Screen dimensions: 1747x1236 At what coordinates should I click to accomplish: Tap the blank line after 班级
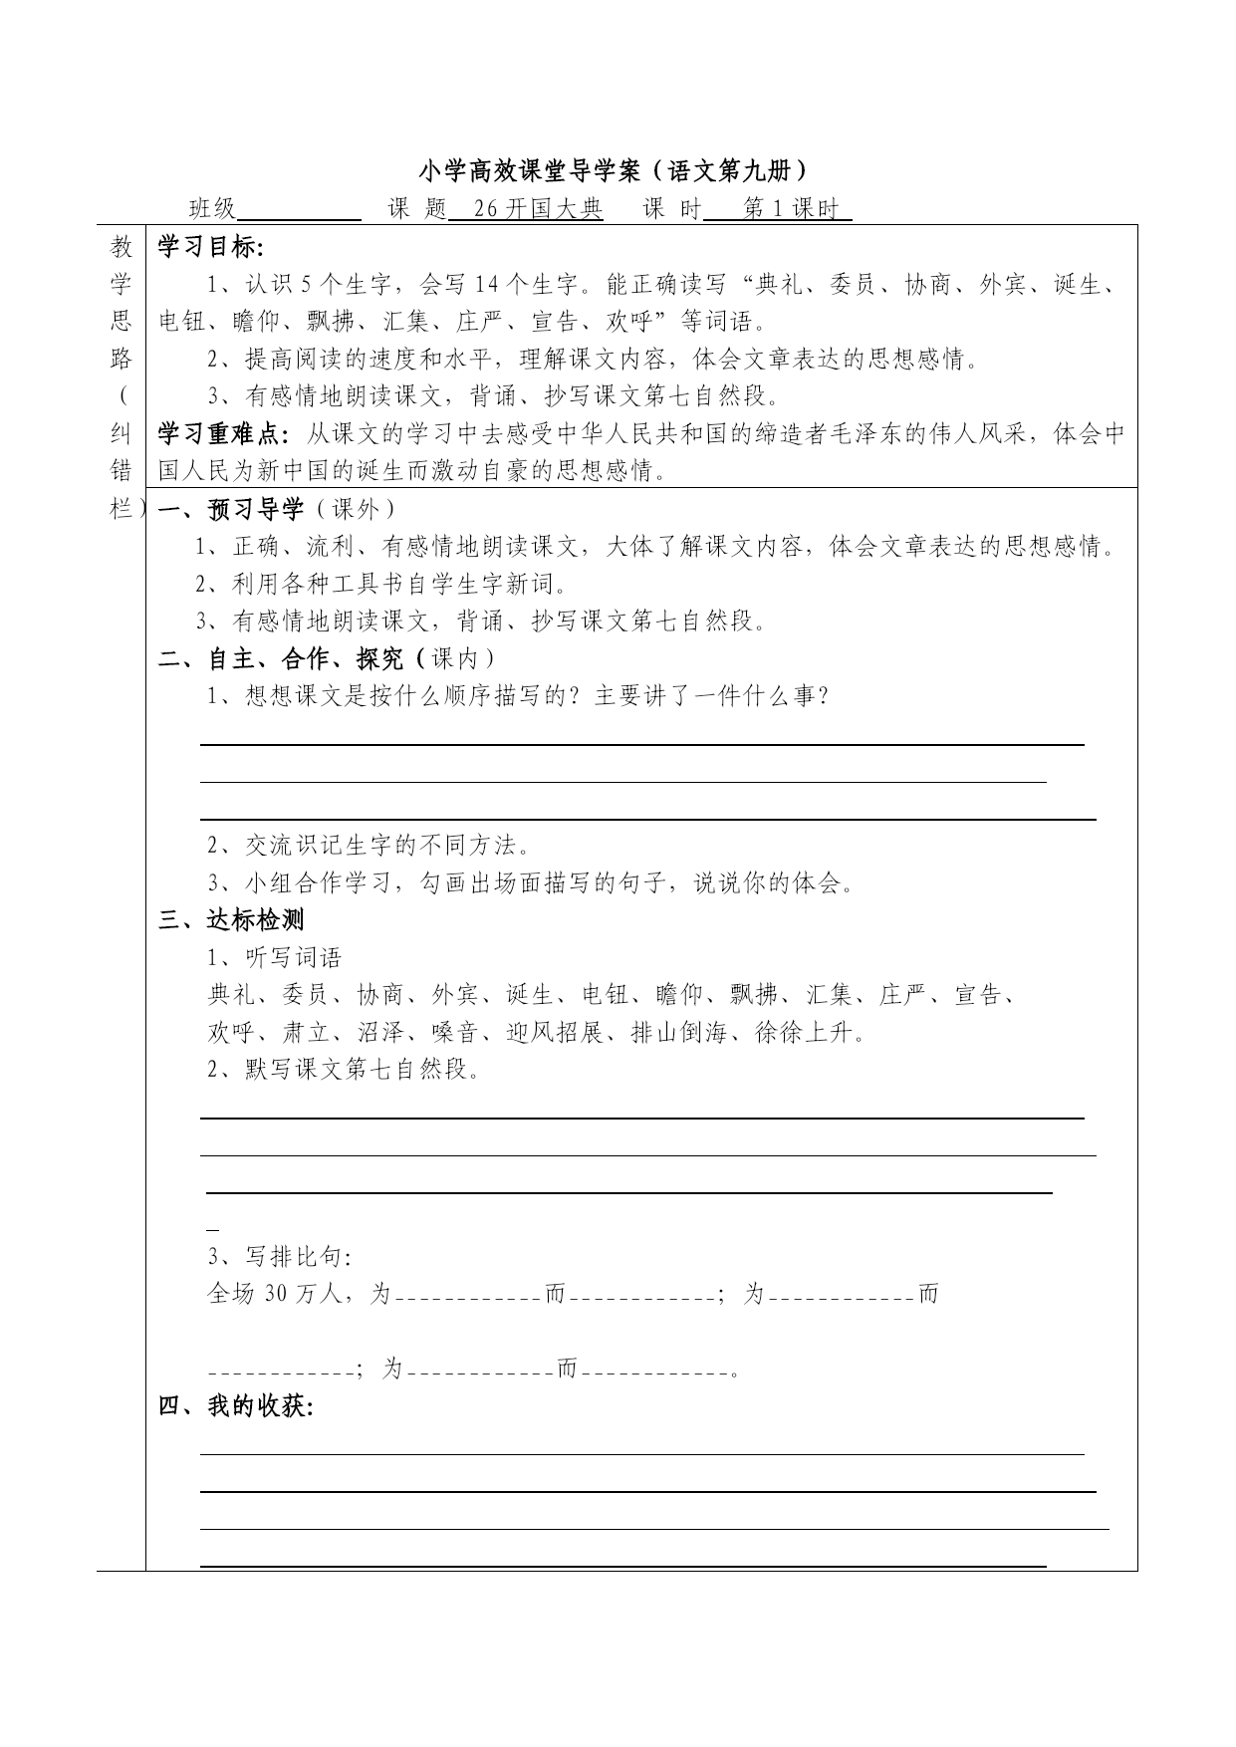click(x=300, y=210)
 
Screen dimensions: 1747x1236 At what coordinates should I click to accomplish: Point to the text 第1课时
click(x=791, y=209)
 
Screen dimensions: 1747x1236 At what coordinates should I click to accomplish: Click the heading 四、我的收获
click(x=236, y=1406)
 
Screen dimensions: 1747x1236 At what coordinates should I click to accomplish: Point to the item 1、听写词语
click(x=274, y=958)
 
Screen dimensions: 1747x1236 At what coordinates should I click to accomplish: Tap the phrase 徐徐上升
click(x=804, y=1033)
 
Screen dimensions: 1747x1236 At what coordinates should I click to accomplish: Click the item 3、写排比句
click(x=280, y=1257)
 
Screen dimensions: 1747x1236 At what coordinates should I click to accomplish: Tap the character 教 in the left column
click(x=122, y=248)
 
